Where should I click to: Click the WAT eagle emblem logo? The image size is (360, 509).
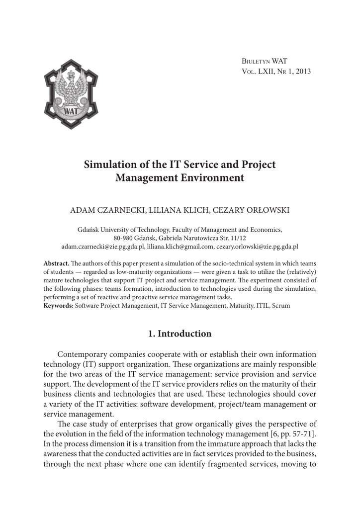pos(71,94)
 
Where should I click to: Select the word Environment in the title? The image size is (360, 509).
pos(213,177)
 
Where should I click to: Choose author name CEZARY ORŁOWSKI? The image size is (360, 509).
pos(251,210)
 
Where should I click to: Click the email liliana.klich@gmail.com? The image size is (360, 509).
pos(180,246)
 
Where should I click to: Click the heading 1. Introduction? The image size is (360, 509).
pos(180,334)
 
